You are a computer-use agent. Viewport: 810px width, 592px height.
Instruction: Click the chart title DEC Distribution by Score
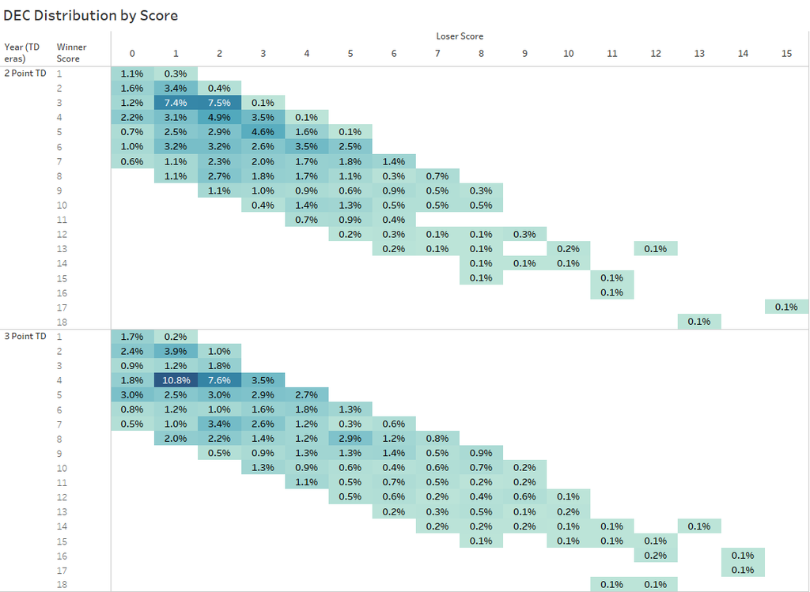point(91,15)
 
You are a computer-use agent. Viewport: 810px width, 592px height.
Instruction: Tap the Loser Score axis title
point(460,36)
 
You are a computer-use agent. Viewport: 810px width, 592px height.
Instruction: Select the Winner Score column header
point(71,52)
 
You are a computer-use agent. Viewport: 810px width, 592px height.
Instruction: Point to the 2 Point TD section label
point(25,73)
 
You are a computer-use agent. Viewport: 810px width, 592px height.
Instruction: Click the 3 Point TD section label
point(25,337)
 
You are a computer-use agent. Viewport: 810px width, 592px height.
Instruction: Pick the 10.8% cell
point(176,380)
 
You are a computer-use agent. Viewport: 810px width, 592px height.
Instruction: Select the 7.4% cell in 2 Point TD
point(176,103)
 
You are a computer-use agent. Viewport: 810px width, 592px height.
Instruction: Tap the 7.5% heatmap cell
point(219,103)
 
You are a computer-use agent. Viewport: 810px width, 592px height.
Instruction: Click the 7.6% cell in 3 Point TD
point(219,380)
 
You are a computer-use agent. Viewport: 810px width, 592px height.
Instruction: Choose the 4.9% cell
point(219,118)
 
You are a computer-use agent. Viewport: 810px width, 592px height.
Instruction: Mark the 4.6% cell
point(263,132)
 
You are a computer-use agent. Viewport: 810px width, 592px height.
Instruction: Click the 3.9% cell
point(176,351)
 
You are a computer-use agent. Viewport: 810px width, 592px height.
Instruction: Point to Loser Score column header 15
point(786,53)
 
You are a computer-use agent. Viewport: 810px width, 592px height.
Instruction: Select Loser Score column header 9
point(524,53)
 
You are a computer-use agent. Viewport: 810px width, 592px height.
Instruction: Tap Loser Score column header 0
point(132,53)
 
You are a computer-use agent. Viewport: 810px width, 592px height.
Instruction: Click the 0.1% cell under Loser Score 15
point(786,307)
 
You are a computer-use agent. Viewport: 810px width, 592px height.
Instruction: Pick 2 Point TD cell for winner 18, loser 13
point(699,322)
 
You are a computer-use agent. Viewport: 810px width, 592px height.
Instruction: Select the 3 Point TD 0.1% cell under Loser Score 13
point(699,526)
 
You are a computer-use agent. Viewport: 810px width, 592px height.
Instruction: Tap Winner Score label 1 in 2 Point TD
point(59,74)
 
